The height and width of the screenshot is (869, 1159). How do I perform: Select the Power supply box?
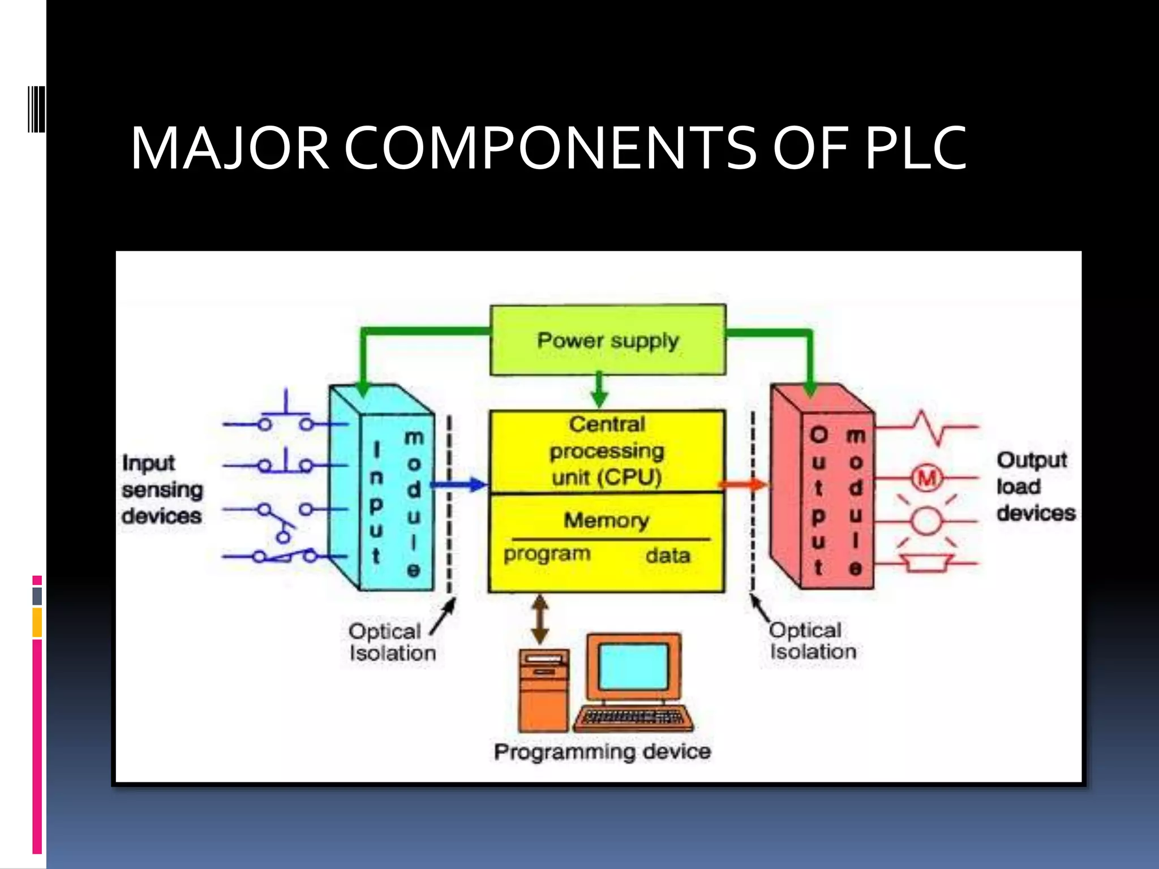coord(608,340)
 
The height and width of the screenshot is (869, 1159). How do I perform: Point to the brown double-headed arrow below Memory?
coord(540,619)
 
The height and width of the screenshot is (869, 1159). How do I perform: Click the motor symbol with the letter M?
coord(926,479)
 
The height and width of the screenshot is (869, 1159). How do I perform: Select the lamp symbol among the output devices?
coord(926,521)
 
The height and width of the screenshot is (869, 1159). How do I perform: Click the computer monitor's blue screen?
coord(634,666)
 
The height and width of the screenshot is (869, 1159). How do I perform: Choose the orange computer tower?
coord(543,690)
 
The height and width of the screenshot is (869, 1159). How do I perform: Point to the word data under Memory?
coord(668,556)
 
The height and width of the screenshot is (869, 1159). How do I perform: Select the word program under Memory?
coord(547,554)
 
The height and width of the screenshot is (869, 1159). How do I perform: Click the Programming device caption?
coord(602,752)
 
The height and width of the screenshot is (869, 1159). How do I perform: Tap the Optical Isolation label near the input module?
coord(392,642)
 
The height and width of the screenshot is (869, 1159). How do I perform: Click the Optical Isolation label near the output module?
coord(812,641)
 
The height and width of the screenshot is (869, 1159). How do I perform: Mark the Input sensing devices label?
coord(162,489)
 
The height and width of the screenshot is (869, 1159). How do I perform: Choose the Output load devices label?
coord(1034,487)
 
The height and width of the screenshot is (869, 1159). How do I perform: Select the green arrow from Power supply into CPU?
coord(599,390)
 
